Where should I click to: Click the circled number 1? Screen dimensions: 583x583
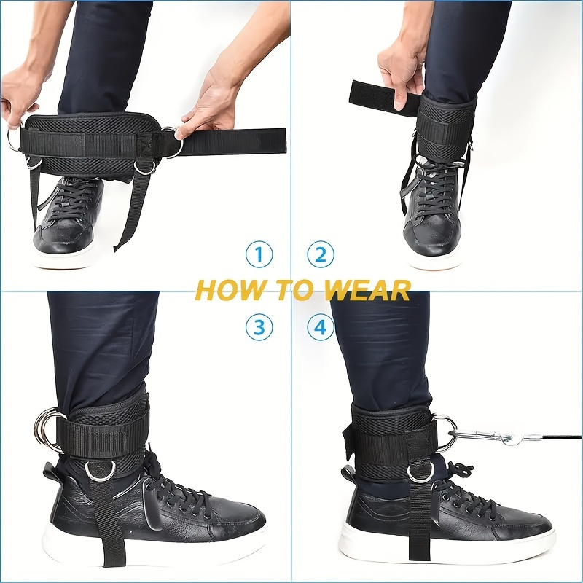[259, 255]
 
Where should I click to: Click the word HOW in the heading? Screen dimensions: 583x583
[226, 291]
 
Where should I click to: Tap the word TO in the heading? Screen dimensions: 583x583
[295, 291]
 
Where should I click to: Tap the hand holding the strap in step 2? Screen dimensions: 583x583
[400, 69]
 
